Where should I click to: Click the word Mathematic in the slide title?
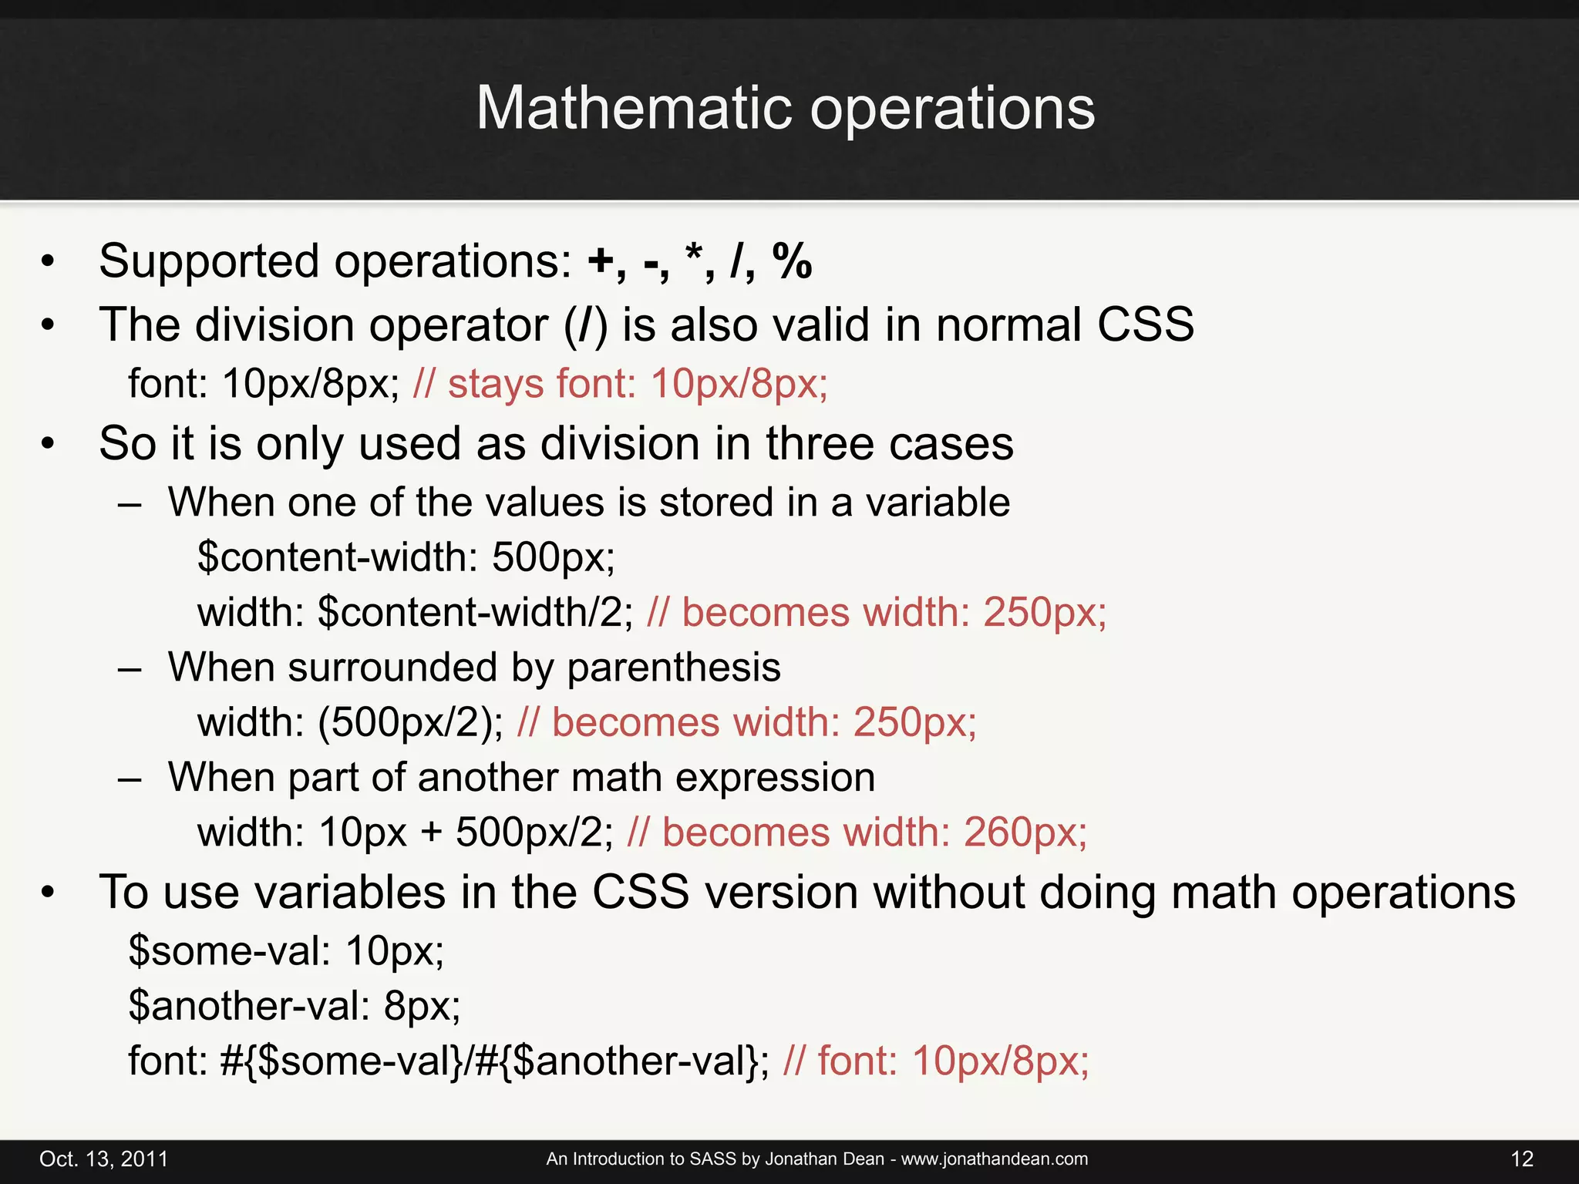[633, 108]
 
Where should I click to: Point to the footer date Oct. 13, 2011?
[103, 1159]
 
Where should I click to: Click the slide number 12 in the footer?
[1522, 1159]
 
